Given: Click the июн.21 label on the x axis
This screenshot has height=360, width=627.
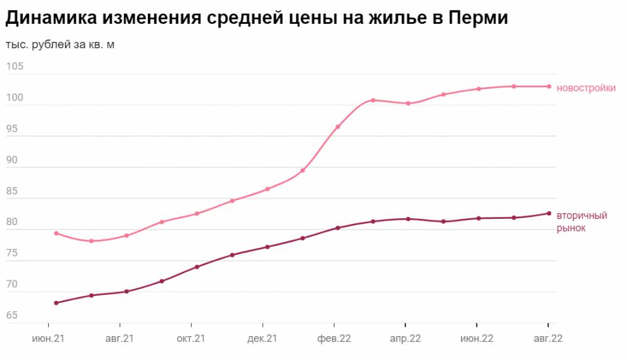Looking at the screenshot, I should click(48, 339).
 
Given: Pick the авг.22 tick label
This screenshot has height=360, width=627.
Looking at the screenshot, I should click(548, 339).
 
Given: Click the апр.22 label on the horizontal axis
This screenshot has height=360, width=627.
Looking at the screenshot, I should click(405, 339).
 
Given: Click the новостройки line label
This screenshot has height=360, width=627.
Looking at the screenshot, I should click(586, 88).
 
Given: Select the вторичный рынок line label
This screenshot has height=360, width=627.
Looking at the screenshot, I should click(582, 222).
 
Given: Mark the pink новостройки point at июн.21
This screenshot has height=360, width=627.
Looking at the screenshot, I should click(56, 233).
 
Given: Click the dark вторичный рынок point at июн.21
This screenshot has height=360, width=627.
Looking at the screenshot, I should click(56, 303).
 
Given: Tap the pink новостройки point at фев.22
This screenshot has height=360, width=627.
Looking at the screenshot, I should click(338, 127).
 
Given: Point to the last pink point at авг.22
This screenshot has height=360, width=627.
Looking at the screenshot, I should click(549, 87).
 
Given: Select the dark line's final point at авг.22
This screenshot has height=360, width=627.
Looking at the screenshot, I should click(549, 213).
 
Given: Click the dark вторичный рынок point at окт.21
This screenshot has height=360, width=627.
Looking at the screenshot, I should click(197, 267).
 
